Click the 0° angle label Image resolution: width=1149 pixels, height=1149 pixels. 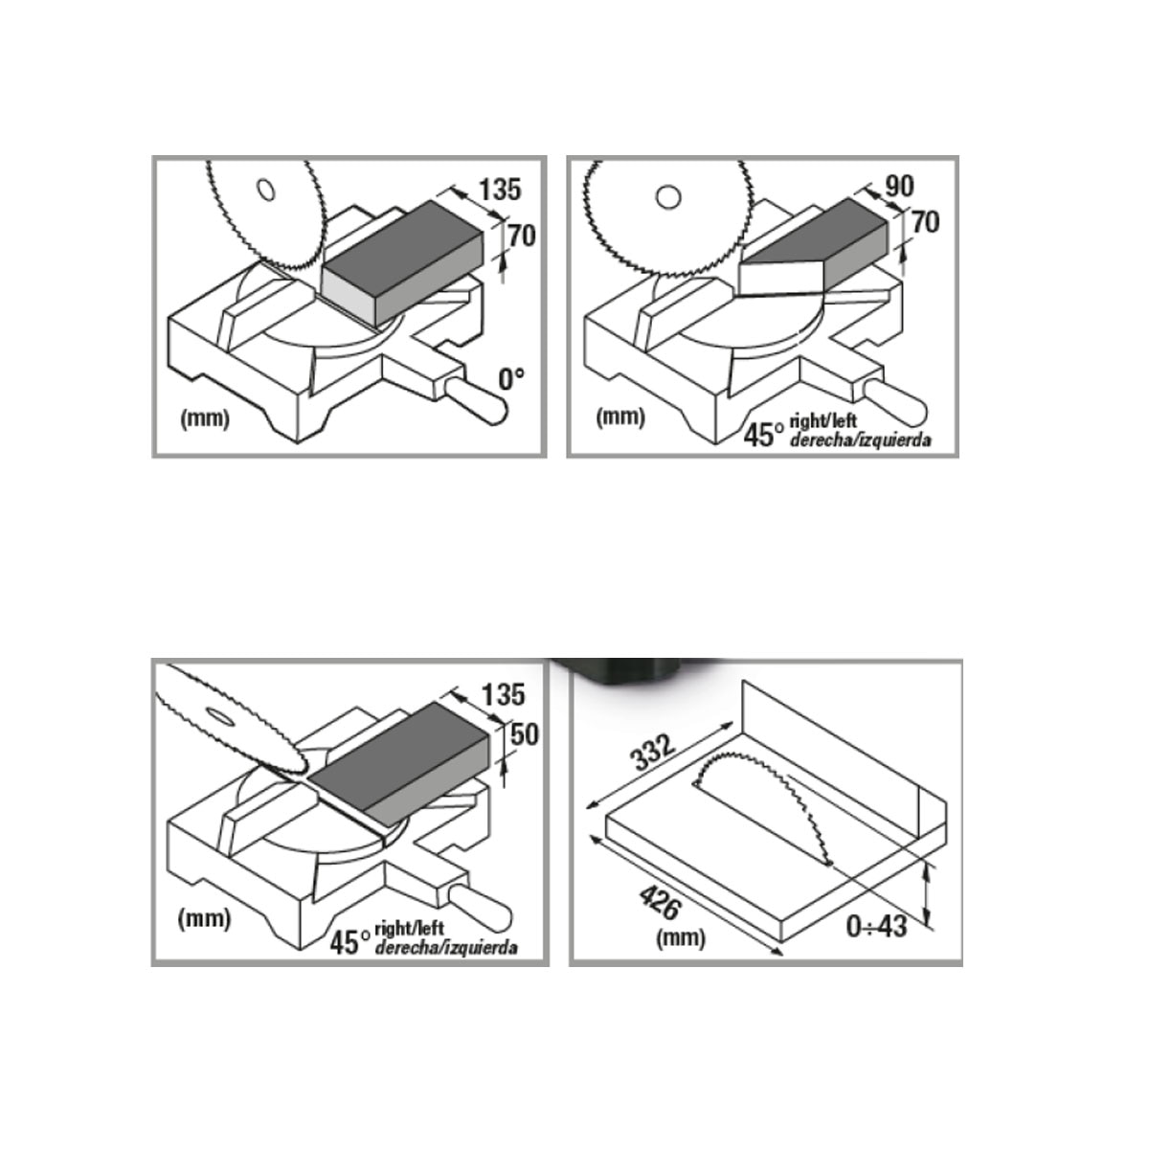point(511,379)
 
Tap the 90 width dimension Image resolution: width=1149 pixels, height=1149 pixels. point(899,187)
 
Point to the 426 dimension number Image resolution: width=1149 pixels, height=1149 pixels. point(660,902)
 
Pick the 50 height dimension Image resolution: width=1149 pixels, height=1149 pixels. point(525,734)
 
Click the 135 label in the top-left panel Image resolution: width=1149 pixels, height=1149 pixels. point(500,190)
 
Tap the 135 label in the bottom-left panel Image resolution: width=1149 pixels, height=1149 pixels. point(504,695)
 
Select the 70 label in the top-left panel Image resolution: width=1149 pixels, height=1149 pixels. point(522,237)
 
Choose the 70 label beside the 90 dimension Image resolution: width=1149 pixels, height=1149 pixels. point(926,222)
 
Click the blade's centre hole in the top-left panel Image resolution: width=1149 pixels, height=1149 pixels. point(266,190)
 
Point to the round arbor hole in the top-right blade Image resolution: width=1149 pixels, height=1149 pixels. point(667,196)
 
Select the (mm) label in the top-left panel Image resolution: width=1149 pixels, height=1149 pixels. point(205,419)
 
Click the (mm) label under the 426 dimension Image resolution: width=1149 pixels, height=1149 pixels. point(681,939)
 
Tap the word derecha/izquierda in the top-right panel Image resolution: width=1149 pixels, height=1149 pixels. point(860,440)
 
